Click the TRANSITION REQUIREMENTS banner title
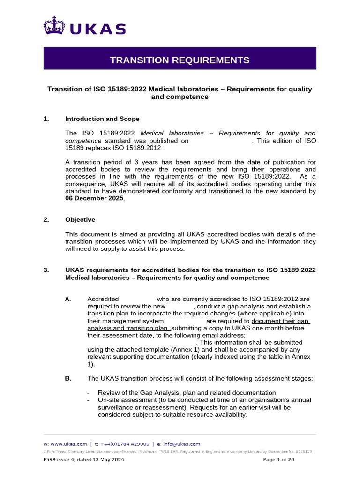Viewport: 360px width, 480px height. [x=180, y=60]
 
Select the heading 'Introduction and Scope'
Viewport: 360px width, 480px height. [x=102, y=119]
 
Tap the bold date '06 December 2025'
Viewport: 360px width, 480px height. [x=95, y=198]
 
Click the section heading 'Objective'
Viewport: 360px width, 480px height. [x=80, y=219]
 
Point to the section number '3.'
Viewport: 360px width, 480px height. [x=46, y=270]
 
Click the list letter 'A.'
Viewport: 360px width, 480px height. [x=68, y=299]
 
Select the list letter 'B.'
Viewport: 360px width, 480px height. [x=68, y=378]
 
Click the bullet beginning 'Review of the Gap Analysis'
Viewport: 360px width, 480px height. [x=187, y=392]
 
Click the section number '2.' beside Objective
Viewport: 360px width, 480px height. [x=46, y=219]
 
